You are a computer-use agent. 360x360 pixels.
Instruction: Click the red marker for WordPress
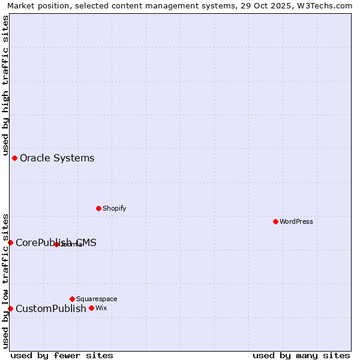(x=275, y=221)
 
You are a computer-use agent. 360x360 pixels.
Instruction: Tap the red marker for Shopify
(x=98, y=208)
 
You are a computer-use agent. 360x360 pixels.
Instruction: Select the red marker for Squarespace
(x=72, y=299)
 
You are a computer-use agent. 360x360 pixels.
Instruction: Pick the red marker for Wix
(x=91, y=308)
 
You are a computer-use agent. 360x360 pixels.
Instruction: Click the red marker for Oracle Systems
(x=14, y=158)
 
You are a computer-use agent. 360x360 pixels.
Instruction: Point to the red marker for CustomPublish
(x=10, y=308)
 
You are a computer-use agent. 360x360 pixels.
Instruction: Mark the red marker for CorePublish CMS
(x=10, y=242)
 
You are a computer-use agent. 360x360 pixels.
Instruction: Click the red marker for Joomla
(x=56, y=244)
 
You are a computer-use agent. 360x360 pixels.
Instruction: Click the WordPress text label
(x=296, y=221)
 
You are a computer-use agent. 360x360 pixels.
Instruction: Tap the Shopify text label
(x=114, y=208)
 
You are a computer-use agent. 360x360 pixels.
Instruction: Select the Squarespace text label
(x=97, y=299)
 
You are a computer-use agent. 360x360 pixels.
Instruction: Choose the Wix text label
(x=101, y=308)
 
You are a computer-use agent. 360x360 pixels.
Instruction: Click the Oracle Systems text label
(x=57, y=158)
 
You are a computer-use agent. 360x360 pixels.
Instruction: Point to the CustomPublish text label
(x=51, y=309)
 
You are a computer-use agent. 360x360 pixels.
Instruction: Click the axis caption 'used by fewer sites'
(x=62, y=355)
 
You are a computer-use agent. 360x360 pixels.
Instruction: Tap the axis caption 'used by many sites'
(x=301, y=355)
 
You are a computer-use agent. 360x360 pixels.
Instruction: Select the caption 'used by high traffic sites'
(x=5, y=86)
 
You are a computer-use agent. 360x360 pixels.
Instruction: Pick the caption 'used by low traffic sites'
(x=5, y=281)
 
